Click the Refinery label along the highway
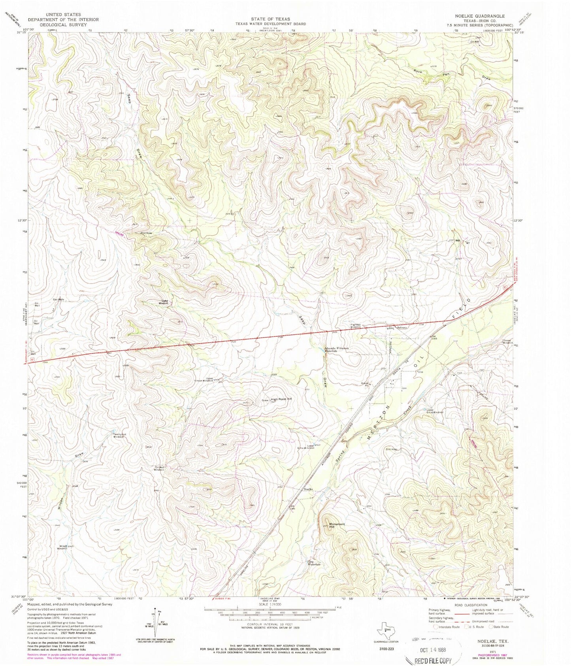point(401,328)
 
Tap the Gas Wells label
point(58,299)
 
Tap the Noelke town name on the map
point(309,489)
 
